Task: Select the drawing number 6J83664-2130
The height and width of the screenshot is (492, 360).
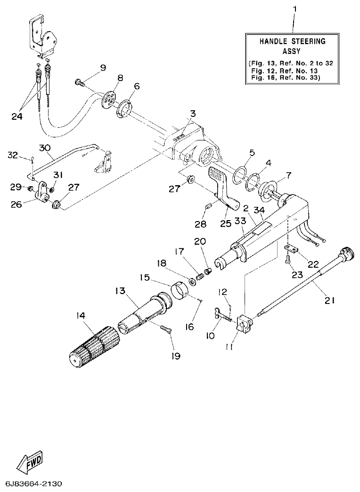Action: [33, 484]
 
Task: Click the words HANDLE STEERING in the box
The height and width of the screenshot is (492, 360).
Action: [292, 41]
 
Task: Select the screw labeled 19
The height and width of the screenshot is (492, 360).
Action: [165, 329]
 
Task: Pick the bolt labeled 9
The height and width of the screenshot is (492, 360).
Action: [79, 83]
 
